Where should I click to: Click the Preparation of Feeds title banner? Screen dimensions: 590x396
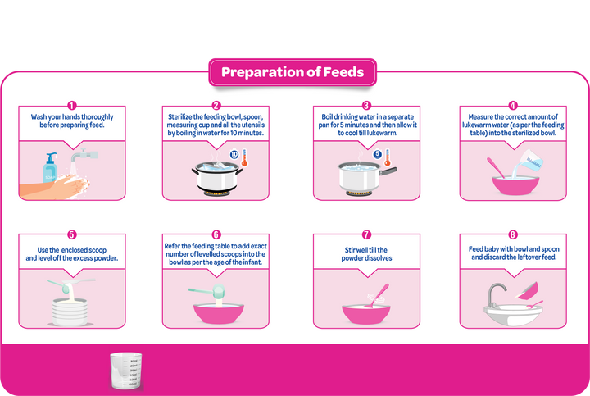point(293,72)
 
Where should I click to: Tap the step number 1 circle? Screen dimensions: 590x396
point(71,106)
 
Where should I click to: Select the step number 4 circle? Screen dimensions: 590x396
point(512,106)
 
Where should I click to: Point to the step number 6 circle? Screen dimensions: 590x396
point(216,234)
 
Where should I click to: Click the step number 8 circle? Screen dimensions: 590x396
point(512,234)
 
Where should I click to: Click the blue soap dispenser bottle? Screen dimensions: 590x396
point(50,168)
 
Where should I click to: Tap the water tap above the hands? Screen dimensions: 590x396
point(84,154)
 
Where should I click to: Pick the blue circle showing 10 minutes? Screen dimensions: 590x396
point(234,154)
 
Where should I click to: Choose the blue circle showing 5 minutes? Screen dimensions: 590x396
point(378,154)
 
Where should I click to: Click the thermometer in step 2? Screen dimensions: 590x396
point(244,157)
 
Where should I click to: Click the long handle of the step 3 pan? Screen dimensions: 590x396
point(388,171)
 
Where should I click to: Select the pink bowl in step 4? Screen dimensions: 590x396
point(515,185)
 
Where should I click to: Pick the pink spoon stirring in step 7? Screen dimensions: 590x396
point(378,295)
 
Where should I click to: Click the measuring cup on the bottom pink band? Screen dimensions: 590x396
point(125,371)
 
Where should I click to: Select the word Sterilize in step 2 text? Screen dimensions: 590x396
point(179,117)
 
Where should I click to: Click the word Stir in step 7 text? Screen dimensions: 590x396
point(350,250)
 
